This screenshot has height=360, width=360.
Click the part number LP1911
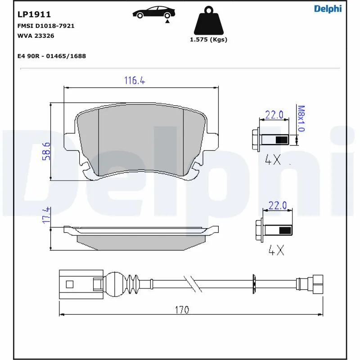(x=34, y=14)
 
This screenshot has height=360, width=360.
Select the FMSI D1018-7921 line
(x=45, y=26)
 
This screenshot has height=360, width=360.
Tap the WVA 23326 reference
(x=38, y=36)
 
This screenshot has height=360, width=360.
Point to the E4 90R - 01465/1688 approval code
(x=51, y=56)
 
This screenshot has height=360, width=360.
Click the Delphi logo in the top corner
(x=328, y=9)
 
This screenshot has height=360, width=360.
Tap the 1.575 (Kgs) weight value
(x=208, y=40)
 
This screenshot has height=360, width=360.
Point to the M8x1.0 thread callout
(x=301, y=118)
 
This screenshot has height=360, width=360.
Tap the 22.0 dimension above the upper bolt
(x=274, y=115)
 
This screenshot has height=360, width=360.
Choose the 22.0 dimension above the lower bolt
(x=277, y=205)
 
